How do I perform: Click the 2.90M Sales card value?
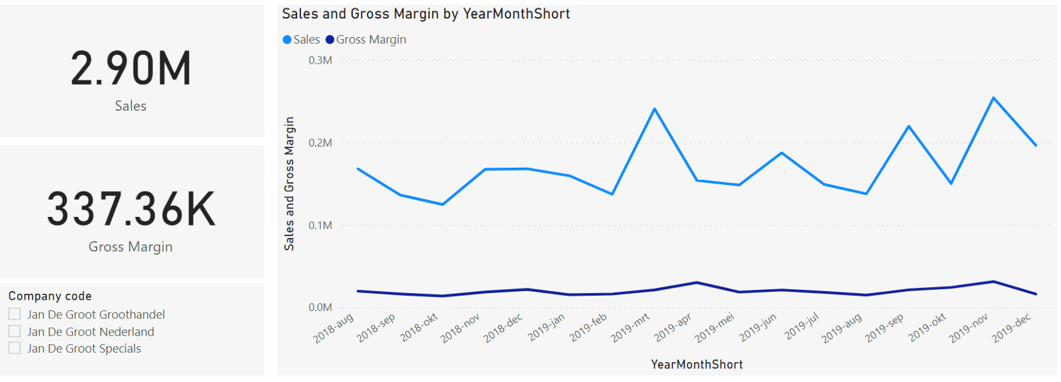point(131,69)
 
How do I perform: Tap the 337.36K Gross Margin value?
point(131,210)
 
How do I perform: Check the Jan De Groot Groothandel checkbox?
point(15,314)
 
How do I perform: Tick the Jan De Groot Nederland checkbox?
point(15,331)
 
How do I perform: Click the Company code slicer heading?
point(50,296)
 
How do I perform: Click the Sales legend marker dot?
point(287,40)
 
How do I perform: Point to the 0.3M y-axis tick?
point(320,60)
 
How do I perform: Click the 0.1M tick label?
point(320,225)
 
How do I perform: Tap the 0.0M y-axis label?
point(320,307)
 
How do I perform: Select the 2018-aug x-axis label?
point(334,328)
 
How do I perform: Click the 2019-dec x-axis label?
point(1011,328)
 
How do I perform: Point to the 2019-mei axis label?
point(715,328)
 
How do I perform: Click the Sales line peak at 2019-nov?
point(993,98)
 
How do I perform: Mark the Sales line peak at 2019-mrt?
point(655,109)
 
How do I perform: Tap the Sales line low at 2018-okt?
point(442,204)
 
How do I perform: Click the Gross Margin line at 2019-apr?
point(697,283)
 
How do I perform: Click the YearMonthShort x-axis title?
point(696,364)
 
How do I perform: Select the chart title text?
point(426,14)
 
